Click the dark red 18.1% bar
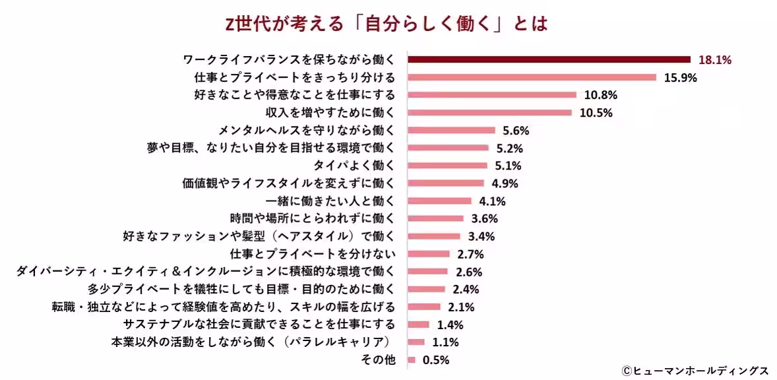pyautogui.click(x=549, y=59)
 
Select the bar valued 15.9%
pyautogui.click(x=532, y=77)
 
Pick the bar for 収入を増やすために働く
pyautogui.click(x=489, y=113)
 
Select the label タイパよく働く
pyautogui.click(x=353, y=166)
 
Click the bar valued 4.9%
pyautogui.click(x=446, y=183)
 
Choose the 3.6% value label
pyautogui.click(x=483, y=218)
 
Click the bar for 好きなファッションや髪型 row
pyautogui.click(x=433, y=236)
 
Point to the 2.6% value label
pyautogui.click(x=468, y=272)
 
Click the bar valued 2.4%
pyautogui.click(x=426, y=289)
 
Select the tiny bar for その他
pyautogui.click(x=412, y=360)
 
